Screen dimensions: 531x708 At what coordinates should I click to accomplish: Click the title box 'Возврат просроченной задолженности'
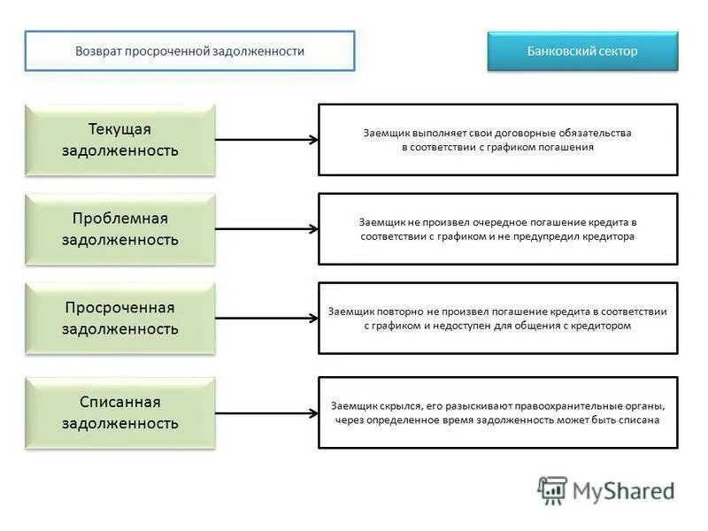(x=189, y=51)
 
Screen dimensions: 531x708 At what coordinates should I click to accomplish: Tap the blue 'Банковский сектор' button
(x=582, y=51)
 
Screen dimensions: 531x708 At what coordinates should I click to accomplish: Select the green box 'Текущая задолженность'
(x=120, y=140)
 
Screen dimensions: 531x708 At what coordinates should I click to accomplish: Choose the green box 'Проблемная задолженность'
(x=120, y=229)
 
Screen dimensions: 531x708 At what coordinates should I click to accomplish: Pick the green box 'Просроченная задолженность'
(x=120, y=319)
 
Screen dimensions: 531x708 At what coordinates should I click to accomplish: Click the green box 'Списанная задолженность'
(x=120, y=412)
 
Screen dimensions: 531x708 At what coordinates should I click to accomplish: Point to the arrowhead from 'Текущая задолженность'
(x=313, y=140)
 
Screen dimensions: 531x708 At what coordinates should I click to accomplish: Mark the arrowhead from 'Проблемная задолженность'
(x=313, y=229)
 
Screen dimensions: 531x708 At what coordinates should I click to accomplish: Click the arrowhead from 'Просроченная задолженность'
(x=313, y=319)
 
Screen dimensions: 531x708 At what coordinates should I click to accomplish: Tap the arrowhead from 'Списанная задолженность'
(x=313, y=412)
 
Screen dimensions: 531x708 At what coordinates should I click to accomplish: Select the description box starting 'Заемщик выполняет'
(x=497, y=140)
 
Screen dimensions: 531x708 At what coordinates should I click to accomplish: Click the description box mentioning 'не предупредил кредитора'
(x=497, y=229)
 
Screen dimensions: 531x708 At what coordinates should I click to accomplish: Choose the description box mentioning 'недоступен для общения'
(x=497, y=319)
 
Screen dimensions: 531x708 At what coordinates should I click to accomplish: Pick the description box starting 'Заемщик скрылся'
(x=497, y=412)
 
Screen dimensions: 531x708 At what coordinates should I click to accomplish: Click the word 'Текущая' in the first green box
(x=120, y=129)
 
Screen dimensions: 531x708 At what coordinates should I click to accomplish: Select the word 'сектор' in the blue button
(x=616, y=51)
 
